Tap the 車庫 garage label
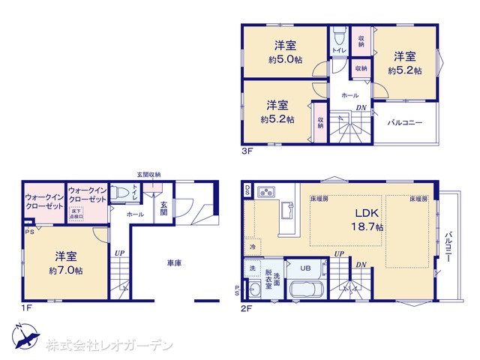click(174, 262)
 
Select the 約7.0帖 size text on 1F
click(66, 270)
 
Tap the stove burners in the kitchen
click(268, 193)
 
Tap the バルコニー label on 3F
click(405, 122)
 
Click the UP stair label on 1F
click(119, 253)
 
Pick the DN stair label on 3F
click(361, 108)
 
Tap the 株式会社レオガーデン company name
click(109, 346)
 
